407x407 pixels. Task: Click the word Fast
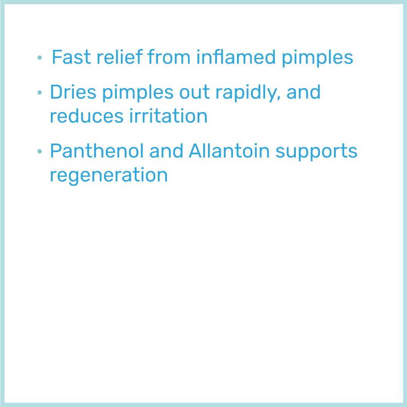pyautogui.click(x=71, y=57)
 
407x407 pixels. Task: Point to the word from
pyautogui.click(x=170, y=57)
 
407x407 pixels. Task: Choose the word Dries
pyautogui.click(x=73, y=92)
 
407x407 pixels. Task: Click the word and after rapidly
pyautogui.click(x=303, y=92)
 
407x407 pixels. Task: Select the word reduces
pyautogui.click(x=86, y=116)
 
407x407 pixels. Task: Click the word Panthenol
pyautogui.click(x=97, y=151)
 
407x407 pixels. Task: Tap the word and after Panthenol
pyautogui.click(x=167, y=151)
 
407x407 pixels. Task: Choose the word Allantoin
pyautogui.click(x=229, y=151)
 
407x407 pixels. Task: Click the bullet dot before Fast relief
pyautogui.click(x=40, y=58)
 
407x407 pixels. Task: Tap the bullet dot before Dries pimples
pyautogui.click(x=40, y=93)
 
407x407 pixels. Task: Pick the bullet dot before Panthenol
pyautogui.click(x=40, y=152)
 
